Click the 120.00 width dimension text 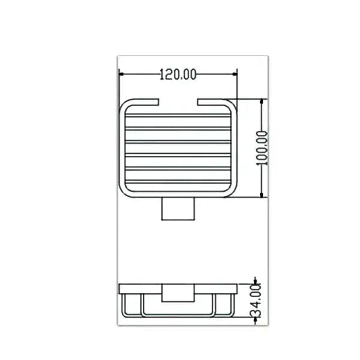coord(178,74)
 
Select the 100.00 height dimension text coord(262,148)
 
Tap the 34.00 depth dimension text coord(256,301)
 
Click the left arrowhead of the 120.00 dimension coord(121,74)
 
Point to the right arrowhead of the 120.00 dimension coord(235,74)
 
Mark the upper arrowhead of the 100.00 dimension coord(262,101)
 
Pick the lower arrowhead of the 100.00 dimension coord(262,195)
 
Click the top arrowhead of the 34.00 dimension coord(256,281)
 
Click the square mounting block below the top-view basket coord(178,209)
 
